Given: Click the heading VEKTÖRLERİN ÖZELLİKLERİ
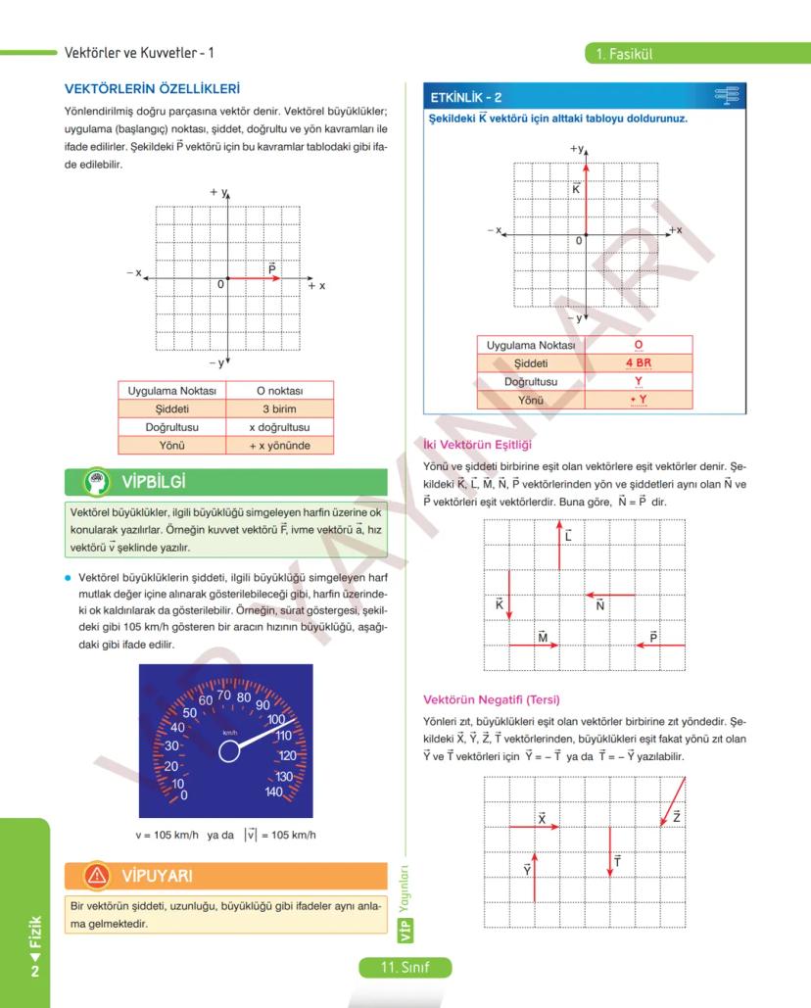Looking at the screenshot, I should tap(152, 89).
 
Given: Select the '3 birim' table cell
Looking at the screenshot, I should tap(279, 408).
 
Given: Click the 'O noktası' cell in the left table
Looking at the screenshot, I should tap(279, 391).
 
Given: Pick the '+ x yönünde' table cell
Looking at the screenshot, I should tap(279, 445).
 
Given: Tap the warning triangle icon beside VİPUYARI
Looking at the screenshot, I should tap(97, 874).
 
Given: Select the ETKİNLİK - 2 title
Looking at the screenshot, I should tap(466, 98).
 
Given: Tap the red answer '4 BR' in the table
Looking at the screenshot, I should tap(639, 362).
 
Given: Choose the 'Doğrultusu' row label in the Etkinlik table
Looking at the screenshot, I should tap(530, 381).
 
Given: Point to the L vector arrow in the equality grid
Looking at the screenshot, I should tap(559, 545).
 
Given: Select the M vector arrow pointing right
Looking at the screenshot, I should tap(534, 645).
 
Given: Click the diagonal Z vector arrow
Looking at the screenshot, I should tap(673, 800).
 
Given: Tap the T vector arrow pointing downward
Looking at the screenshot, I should tap(610, 851).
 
